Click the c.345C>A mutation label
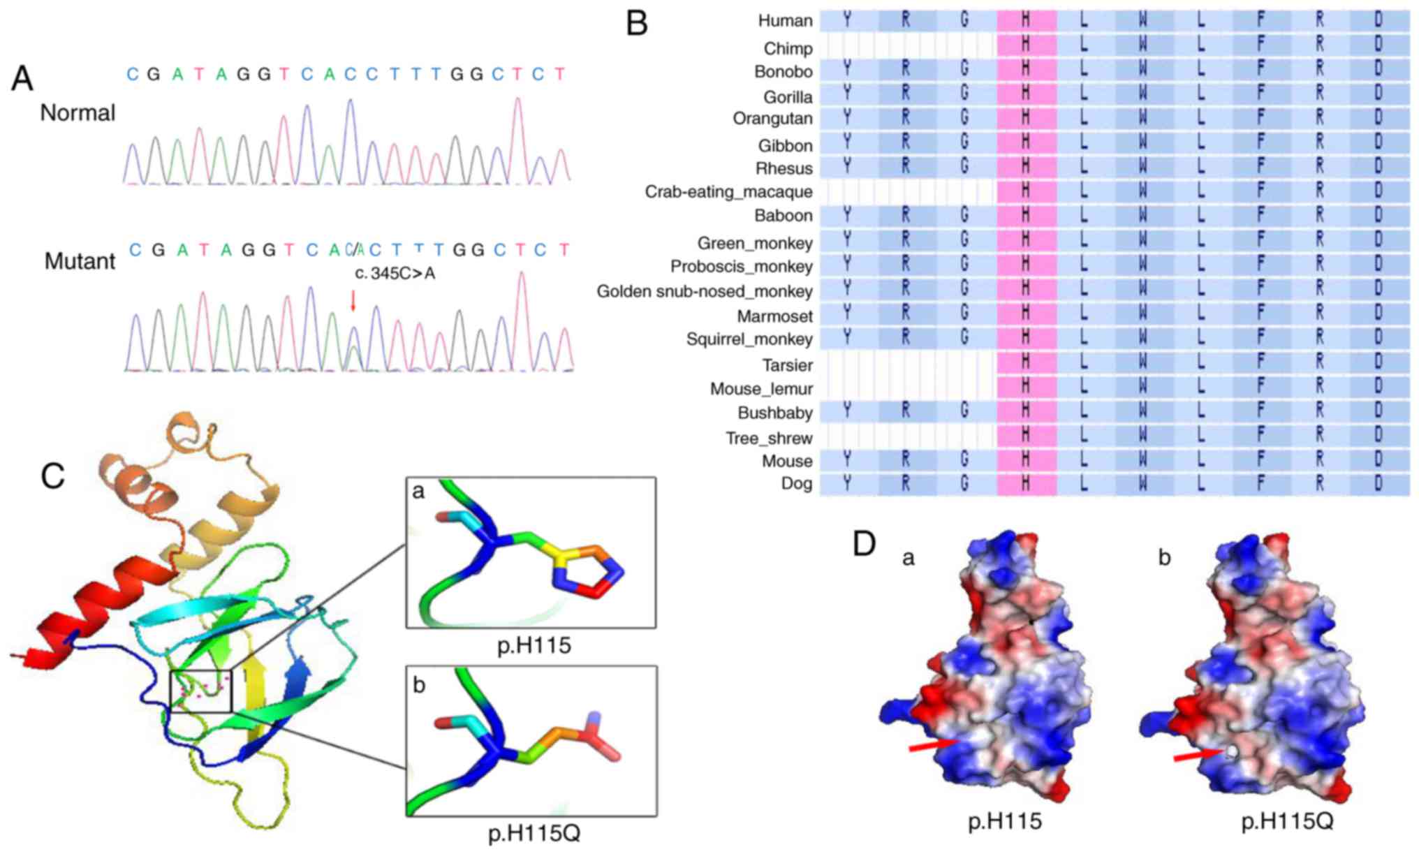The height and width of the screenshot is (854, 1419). [395, 273]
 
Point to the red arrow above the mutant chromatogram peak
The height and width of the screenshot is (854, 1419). [353, 300]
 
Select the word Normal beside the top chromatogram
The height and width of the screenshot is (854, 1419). [78, 113]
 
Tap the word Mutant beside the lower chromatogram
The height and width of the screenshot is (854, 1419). [80, 261]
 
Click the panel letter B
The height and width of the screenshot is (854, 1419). [637, 24]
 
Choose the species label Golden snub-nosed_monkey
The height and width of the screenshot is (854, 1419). [704, 291]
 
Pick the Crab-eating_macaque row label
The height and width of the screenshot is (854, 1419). [728, 191]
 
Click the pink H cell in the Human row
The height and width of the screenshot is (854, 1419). [1026, 20]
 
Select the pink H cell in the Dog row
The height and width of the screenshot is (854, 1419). [1026, 483]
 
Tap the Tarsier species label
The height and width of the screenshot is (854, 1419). [787, 365]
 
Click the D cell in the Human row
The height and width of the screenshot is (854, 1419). [1378, 20]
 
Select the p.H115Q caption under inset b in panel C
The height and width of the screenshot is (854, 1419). [534, 833]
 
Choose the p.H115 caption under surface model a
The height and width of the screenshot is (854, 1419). [1005, 821]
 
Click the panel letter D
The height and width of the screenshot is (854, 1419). [865, 543]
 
